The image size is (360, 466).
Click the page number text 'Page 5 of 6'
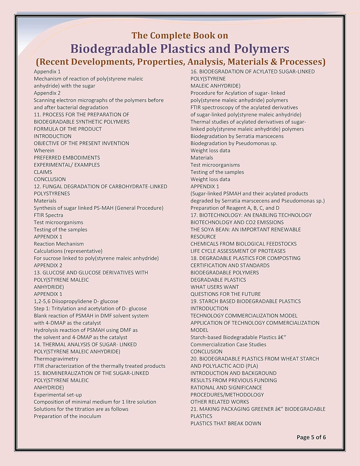coord(311,437)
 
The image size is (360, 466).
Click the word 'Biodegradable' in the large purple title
coord(114,49)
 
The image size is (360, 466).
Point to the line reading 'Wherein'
coord(44,150)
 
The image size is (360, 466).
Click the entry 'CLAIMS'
coord(43,172)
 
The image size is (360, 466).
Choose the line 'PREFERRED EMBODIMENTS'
coord(67,158)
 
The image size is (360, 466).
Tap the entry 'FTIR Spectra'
coord(48,215)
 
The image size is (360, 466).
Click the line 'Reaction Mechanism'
coord(59,244)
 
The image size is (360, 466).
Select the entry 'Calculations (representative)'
coord(68,251)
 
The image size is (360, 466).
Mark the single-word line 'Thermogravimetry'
coord(56,359)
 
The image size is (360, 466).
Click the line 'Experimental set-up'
coord(58,395)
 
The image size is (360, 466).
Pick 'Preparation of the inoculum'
coord(67,416)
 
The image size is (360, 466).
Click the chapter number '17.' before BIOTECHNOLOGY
coord(194,215)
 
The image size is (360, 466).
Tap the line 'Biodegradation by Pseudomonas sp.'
coord(234,143)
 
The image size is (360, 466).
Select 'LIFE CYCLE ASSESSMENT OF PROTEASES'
coord(238,251)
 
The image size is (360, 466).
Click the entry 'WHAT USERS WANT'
coord(215,287)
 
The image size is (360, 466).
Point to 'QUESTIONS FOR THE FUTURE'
coord(226,294)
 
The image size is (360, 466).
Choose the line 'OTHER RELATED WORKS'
coord(220,402)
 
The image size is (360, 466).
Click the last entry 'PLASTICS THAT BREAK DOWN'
coord(226,423)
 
